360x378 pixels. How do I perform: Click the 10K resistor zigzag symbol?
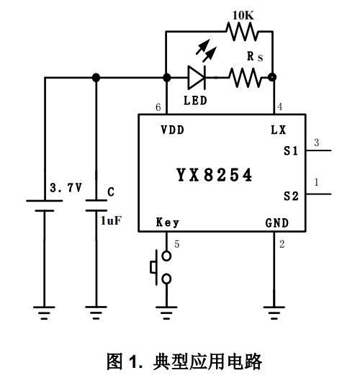pos(242,32)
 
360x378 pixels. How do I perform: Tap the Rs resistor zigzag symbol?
pos(246,77)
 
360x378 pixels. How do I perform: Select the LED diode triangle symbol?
pos(197,77)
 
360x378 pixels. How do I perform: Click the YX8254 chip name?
pos(214,175)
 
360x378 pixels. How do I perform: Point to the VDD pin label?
pos(172,130)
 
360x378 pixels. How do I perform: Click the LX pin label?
pos(278,130)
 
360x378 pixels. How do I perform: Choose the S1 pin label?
pos(291,151)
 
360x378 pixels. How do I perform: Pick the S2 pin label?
pos(291,196)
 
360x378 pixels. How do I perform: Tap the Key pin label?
pos(168,222)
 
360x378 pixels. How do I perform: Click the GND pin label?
pos(276,223)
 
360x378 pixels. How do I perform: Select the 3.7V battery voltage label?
pos(66,187)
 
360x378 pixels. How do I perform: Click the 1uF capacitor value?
pos(111,220)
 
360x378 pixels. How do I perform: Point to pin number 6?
pos(158,107)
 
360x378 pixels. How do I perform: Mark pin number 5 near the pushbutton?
pos(177,244)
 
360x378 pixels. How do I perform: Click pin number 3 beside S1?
pos(317,143)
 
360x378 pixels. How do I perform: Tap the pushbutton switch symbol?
pos(161,268)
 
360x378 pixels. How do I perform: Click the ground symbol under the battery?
pos(44,313)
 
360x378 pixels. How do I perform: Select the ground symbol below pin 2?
pos(274,313)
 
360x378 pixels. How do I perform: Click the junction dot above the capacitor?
pos(96,77)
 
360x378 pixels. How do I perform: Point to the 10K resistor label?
pos(243,15)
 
